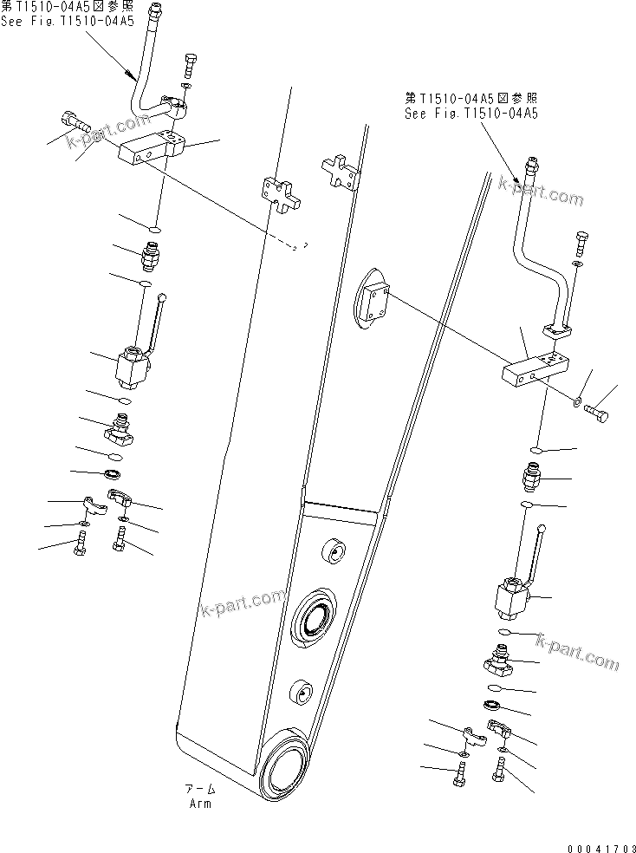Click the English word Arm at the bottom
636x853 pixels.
click(199, 803)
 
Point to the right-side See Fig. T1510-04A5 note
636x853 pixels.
click(471, 113)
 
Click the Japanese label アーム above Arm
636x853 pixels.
click(199, 790)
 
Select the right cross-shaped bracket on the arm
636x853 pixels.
click(341, 173)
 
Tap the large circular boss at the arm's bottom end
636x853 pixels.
click(286, 766)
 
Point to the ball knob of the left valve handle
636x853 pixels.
click(162, 298)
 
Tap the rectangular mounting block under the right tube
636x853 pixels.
click(536, 369)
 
